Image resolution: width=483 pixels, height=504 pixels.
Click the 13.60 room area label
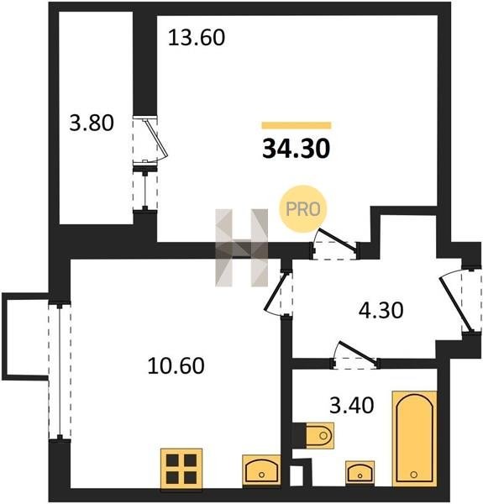(197, 38)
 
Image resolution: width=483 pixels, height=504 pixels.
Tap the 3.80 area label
(92, 123)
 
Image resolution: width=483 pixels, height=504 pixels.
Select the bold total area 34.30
(297, 150)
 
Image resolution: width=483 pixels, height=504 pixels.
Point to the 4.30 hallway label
(381, 311)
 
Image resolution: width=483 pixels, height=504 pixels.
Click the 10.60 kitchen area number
(176, 365)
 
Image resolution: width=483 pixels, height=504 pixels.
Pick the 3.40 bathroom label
(352, 405)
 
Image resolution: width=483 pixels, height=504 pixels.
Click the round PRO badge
(303, 209)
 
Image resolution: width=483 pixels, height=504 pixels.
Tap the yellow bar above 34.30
(297, 125)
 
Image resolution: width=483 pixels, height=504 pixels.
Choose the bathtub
(415, 438)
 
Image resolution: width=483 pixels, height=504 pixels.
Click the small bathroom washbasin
(360, 473)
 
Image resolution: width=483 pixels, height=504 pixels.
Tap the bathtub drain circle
(414, 474)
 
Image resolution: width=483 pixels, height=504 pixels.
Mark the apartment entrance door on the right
(457, 302)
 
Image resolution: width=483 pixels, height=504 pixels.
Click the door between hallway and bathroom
(356, 355)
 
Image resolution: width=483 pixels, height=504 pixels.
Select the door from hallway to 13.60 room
(335, 244)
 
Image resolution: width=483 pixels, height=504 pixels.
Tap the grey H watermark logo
(241, 248)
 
